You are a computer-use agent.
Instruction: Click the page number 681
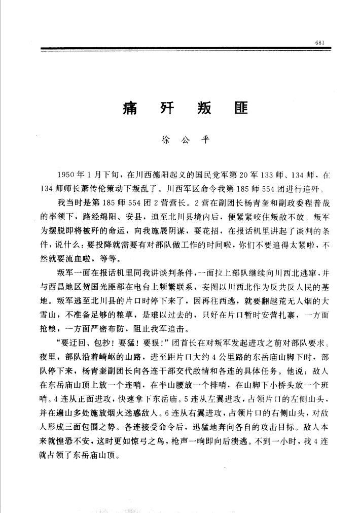[x=319, y=42]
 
